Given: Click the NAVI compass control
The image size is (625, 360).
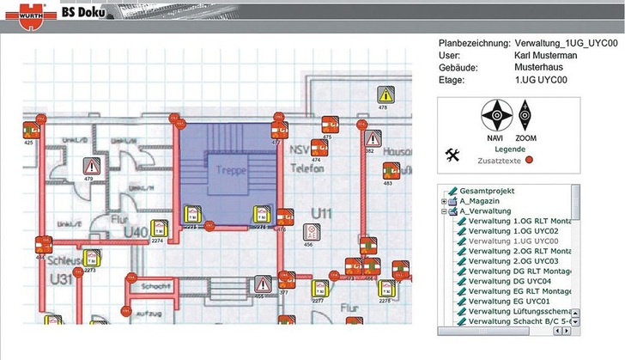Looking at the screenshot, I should (495, 115).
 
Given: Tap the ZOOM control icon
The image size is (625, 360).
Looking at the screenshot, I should (526, 115).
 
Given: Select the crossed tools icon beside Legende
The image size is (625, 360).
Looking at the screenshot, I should (452, 155).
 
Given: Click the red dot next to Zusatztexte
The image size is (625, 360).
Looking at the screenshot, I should (530, 160).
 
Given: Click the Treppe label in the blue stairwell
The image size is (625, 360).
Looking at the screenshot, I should (231, 170).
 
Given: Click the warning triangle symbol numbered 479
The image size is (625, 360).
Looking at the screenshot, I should (91, 166).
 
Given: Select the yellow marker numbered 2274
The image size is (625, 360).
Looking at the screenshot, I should (159, 229).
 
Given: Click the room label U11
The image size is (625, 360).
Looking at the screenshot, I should (322, 211).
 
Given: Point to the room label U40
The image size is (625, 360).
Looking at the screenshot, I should (137, 232).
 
